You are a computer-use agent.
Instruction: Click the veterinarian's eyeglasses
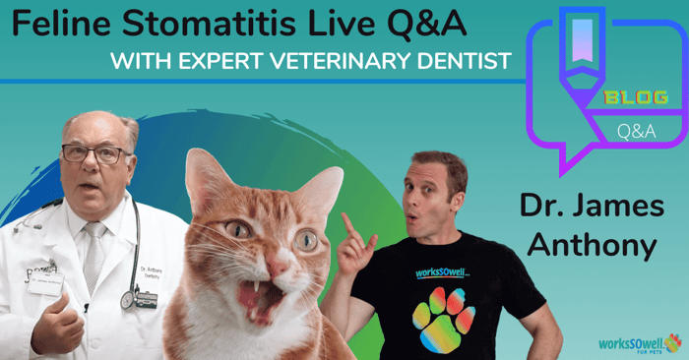pos(95,154)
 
